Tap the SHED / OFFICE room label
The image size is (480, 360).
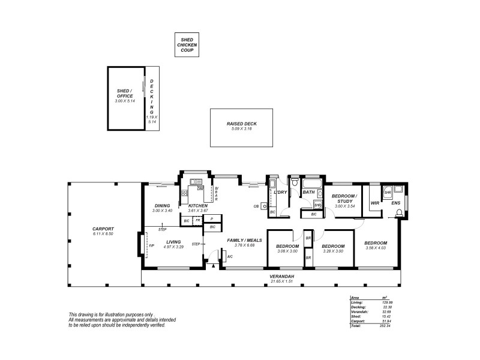pos(125,94)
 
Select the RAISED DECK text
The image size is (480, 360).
pos(241,124)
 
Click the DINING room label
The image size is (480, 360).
pos(162,206)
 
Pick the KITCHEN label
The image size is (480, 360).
pos(197,206)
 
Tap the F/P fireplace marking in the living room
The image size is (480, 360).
pos(151,245)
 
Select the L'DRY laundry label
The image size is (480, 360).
pos(280,192)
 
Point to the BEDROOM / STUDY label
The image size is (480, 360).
pos(344,199)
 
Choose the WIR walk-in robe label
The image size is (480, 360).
pos(375,203)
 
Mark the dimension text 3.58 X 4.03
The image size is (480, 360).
pos(376,250)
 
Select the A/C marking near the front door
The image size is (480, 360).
pos(230,257)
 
